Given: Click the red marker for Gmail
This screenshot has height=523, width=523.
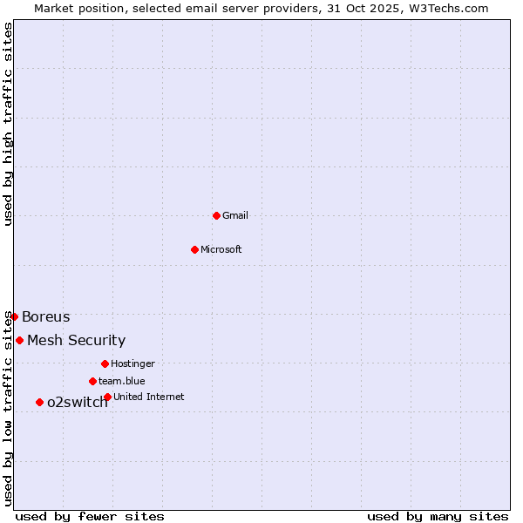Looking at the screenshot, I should point(216,215).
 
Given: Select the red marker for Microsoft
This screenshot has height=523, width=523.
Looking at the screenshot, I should point(194,249).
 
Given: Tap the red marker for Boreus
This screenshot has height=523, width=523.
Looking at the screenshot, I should point(14,316).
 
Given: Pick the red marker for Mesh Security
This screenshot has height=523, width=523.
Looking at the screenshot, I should point(19,340).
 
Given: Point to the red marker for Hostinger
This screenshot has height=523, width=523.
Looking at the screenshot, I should point(105,363).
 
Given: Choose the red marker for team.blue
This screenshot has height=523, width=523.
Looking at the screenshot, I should point(92,381).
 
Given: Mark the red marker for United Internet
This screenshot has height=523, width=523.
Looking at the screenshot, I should point(107,397).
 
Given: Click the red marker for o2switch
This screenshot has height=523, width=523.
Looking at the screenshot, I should point(39,402).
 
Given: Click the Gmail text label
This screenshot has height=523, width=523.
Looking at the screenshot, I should point(235,215).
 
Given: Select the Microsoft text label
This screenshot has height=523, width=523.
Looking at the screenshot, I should point(221,249).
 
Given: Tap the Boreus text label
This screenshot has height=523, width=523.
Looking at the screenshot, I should point(46,316).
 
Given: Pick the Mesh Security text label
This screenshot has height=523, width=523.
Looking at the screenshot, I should point(77,340).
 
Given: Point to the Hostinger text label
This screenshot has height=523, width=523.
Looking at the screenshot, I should point(132,363).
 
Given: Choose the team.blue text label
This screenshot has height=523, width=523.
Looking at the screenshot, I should point(122,381).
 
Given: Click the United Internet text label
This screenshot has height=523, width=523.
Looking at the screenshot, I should point(149,397).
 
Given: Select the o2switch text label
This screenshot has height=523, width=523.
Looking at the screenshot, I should point(78,402).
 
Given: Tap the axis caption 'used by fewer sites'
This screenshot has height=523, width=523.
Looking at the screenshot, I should point(90,516).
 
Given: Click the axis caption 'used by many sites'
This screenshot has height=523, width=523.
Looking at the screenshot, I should point(438,516).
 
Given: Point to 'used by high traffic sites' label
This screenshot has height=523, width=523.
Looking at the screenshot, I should point(8,124).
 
